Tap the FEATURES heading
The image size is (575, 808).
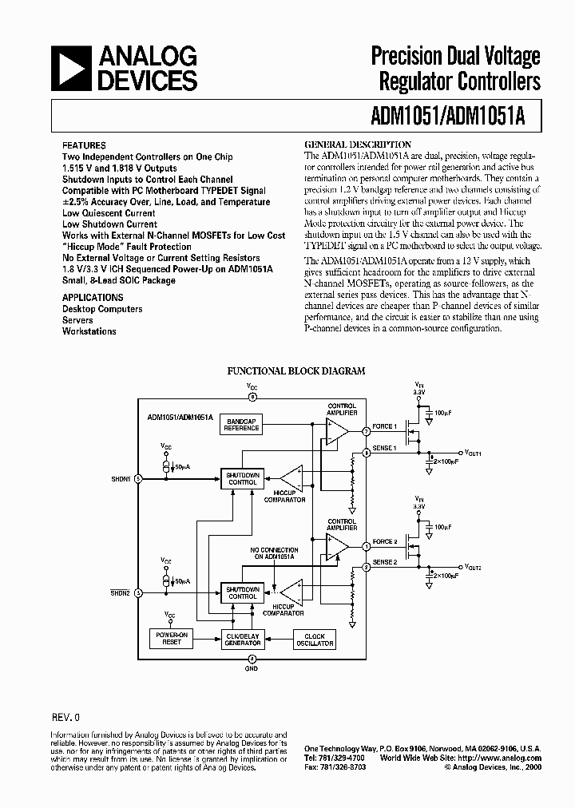[84, 146]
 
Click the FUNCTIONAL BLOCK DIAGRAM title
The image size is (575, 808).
[296, 371]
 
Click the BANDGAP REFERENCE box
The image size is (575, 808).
[241, 426]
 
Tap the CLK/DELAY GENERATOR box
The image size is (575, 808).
[243, 639]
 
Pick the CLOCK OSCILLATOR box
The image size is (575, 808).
[315, 639]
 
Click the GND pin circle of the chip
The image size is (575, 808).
[252, 659]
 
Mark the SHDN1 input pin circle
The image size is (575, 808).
[138, 479]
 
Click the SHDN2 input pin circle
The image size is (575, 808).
[138, 593]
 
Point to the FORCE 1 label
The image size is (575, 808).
[384, 426]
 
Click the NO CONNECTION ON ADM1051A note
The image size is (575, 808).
[274, 554]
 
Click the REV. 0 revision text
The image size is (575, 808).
[65, 718]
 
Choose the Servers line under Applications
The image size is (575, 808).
[78, 320]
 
